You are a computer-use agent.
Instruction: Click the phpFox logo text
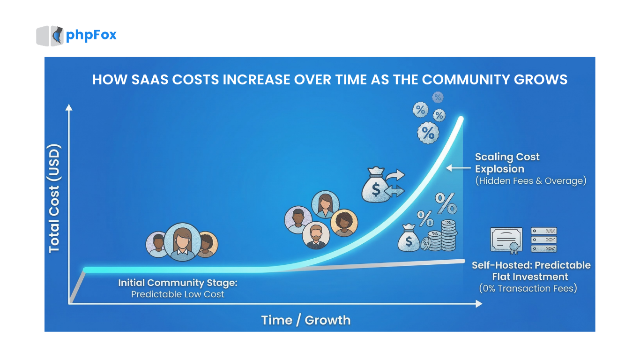pos(91,35)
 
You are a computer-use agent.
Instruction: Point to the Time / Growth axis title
pos(305,320)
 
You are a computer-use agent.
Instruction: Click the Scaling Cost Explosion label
pos(507,163)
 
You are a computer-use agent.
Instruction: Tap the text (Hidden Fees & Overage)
pos(530,181)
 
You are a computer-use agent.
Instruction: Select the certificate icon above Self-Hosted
pos(506,240)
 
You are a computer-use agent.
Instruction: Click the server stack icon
pos(544,240)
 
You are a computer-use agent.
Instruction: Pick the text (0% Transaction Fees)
pos(528,288)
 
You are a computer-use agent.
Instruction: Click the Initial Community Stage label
pos(178,283)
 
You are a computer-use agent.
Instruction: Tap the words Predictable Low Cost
pos(178,294)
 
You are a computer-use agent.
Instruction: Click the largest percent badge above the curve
pos(428,133)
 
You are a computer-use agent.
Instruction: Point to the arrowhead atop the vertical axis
pos(69,108)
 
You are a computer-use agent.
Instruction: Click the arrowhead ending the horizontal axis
pos(478,304)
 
